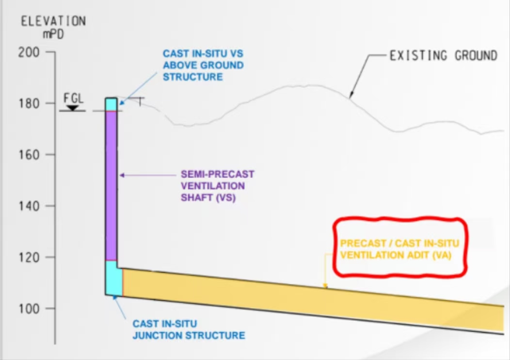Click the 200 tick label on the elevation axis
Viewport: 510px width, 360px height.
29,52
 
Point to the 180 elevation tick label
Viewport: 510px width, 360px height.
29,103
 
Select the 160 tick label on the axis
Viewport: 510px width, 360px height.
29,155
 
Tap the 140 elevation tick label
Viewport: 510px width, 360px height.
29,206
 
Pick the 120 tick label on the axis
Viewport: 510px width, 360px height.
29,258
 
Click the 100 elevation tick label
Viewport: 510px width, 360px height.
29,309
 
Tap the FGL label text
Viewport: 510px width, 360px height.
73,98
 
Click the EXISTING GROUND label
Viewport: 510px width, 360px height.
443,56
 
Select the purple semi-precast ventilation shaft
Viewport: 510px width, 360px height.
112,184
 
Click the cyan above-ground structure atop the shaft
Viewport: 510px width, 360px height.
112,104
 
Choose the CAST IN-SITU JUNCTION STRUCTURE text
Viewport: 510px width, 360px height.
189,329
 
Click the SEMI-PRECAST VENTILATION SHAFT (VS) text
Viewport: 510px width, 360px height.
217,186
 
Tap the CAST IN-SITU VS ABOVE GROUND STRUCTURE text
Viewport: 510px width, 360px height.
203,65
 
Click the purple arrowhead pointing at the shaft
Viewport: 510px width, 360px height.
122,175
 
